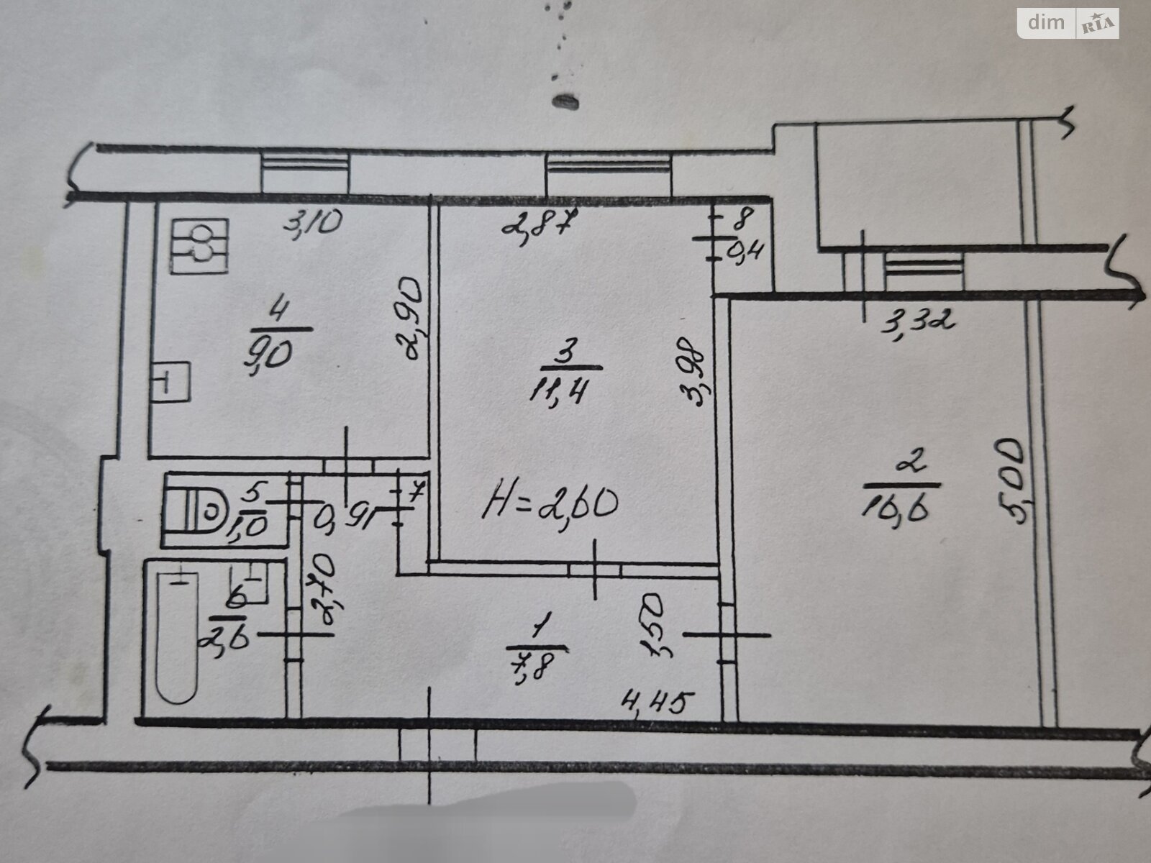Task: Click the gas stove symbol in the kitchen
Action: (199, 247)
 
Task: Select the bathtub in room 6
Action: (177, 633)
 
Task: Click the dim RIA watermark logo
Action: (1068, 24)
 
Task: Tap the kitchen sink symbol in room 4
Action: (171, 381)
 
